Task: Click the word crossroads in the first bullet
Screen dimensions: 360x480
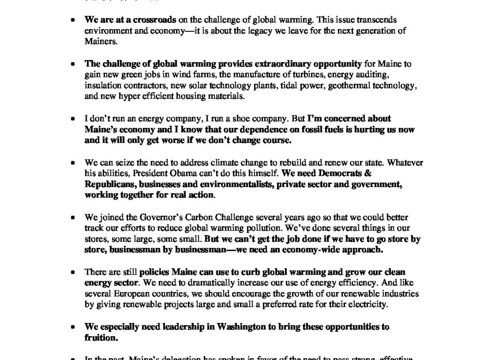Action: (155, 20)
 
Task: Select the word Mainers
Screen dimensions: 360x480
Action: (100, 41)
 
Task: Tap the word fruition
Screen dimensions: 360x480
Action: (100, 337)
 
